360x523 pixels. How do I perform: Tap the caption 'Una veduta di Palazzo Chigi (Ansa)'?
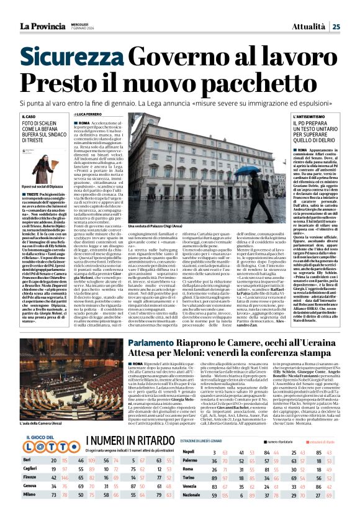click(x=156, y=228)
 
